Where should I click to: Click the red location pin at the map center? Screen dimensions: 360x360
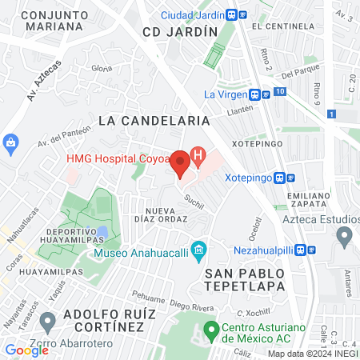click(x=181, y=163)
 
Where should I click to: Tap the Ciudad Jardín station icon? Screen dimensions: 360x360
click(x=231, y=14)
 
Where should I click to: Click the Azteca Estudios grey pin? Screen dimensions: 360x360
click(x=345, y=236)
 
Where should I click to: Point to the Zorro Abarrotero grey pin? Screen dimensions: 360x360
click(x=48, y=322)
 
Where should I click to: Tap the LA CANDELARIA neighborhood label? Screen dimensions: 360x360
click(x=154, y=120)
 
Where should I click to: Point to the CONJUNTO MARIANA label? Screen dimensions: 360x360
click(x=52, y=20)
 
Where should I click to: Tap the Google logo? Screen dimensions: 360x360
click(x=26, y=350)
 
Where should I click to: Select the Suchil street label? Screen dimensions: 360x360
click(x=194, y=200)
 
